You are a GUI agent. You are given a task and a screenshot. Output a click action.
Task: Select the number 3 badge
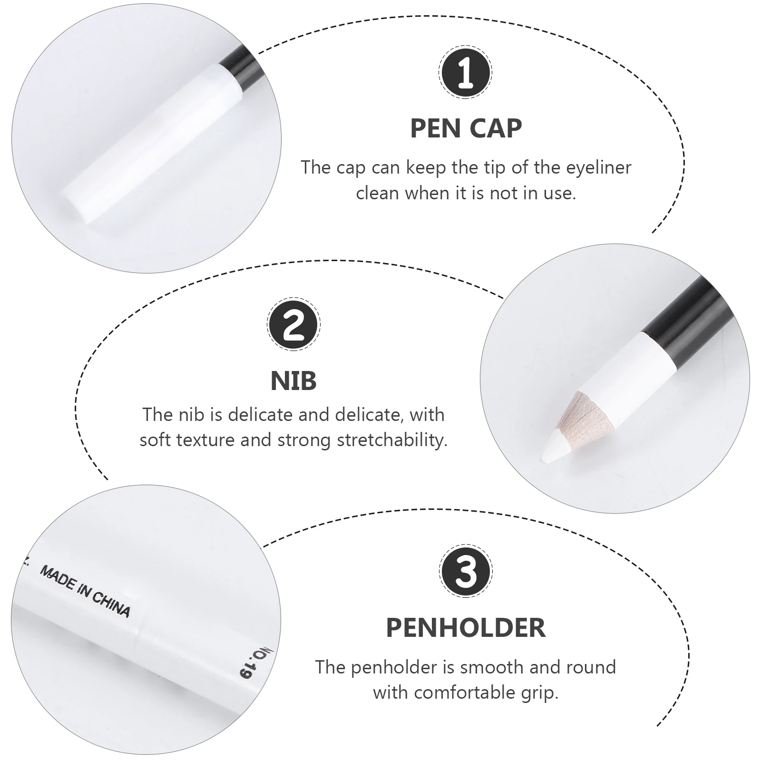tap(465, 572)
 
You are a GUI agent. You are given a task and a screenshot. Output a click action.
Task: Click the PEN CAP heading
tap(466, 128)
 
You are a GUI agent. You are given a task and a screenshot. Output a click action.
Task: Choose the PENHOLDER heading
tap(466, 627)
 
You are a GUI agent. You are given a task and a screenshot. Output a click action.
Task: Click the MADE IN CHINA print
tap(85, 591)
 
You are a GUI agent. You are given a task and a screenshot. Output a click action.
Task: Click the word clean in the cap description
tap(376, 194)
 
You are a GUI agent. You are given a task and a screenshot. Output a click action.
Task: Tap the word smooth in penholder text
tap(492, 667)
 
